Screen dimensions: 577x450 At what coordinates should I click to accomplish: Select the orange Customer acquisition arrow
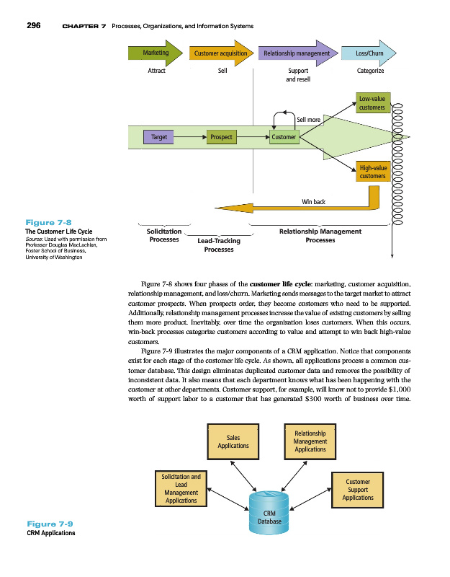tap(221, 53)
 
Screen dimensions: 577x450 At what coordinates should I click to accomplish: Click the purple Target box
tap(159, 136)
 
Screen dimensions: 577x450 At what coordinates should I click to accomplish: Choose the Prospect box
tap(220, 136)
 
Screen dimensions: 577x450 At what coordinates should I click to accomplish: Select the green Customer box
tap(284, 136)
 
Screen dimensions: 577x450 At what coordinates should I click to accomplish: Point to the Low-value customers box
tap(372, 102)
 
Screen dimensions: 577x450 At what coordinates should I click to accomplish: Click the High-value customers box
tap(372, 172)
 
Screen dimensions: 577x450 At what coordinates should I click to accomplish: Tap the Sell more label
tap(309, 119)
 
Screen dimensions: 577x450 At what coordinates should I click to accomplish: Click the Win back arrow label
tap(313, 201)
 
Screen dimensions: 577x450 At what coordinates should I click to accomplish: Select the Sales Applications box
tap(233, 441)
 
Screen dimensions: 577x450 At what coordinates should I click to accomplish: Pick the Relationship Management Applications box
tap(310, 441)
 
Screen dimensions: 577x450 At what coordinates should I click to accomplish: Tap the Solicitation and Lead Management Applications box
tap(181, 488)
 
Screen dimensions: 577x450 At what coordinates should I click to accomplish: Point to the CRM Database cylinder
tap(269, 514)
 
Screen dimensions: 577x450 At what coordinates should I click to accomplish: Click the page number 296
tap(33, 26)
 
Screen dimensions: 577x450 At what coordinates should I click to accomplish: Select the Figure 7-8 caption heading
tap(48, 222)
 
